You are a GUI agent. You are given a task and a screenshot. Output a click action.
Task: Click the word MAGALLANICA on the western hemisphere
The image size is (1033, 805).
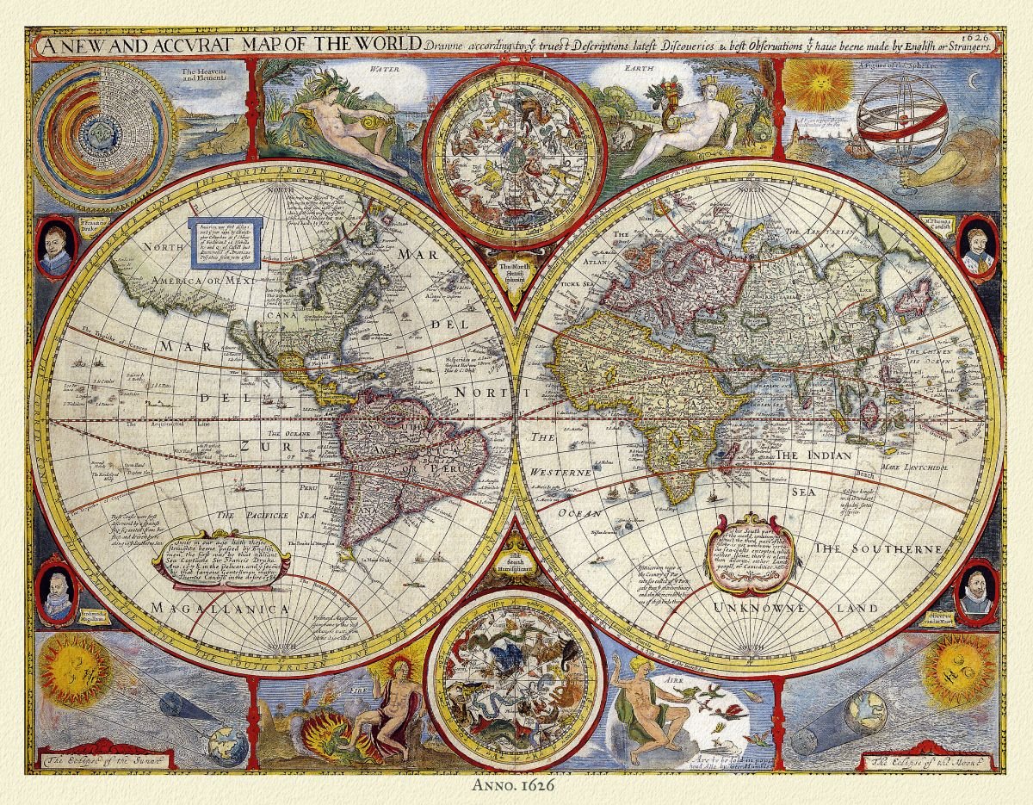pos(219,609)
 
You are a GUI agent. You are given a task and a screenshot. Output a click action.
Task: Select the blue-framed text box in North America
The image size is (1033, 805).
pos(225,243)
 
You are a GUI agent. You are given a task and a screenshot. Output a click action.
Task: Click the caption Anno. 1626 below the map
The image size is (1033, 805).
pos(514,785)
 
